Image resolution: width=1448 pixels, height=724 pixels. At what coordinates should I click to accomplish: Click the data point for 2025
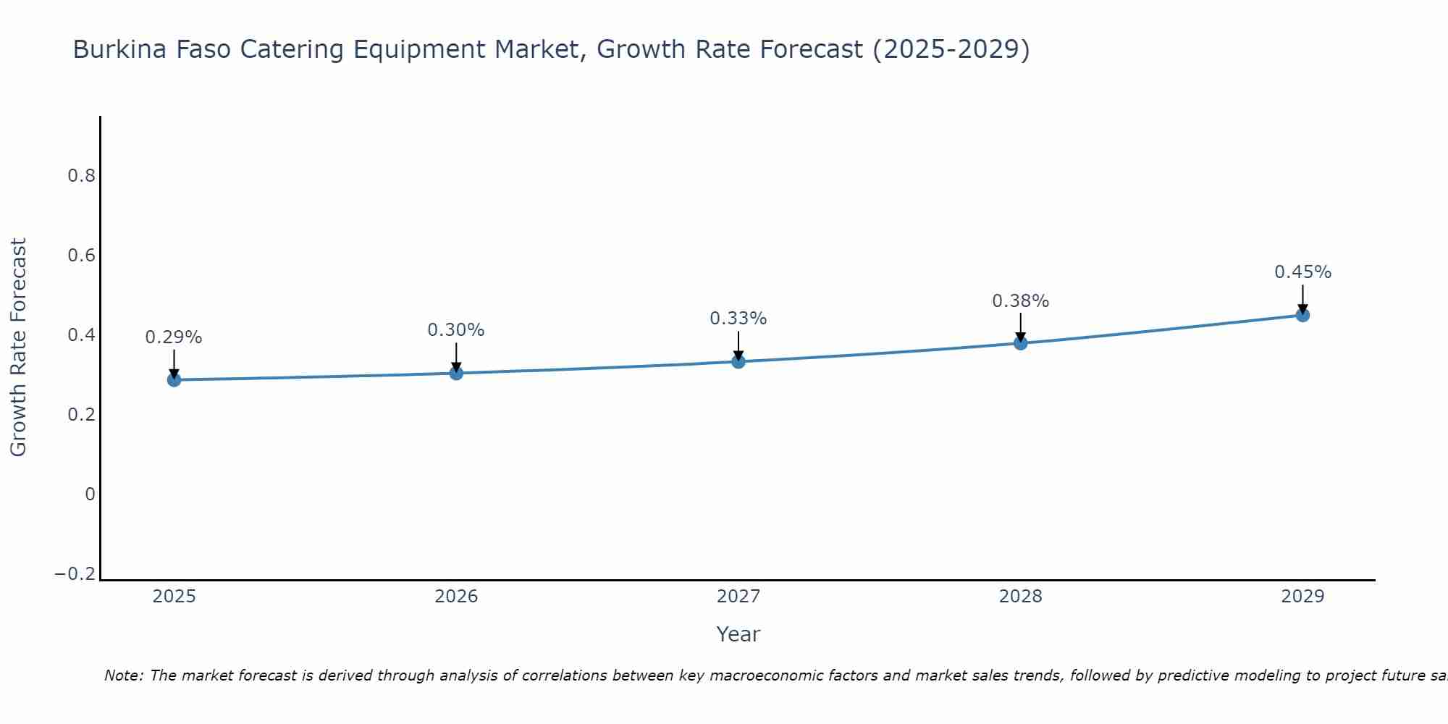point(174,379)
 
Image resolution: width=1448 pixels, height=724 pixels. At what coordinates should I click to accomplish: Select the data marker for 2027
point(738,361)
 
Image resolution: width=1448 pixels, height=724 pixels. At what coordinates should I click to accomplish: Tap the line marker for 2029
point(1302,315)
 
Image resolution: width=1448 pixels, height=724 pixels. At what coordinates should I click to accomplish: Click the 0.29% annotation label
point(174,337)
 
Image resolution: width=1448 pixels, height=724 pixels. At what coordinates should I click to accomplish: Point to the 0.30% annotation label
point(456,330)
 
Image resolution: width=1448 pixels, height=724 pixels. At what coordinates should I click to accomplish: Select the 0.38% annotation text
point(1020,301)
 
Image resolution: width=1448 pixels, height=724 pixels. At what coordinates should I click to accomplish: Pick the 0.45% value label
point(1302,272)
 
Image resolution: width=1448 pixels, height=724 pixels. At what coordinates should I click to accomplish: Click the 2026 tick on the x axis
point(456,597)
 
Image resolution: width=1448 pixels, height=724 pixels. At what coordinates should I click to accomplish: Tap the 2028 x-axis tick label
point(1020,597)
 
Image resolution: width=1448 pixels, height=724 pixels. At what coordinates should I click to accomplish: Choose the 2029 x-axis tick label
point(1302,597)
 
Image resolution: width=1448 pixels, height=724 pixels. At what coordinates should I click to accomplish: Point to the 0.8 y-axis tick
point(81,176)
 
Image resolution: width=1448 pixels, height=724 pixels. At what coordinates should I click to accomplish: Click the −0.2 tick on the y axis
point(75,574)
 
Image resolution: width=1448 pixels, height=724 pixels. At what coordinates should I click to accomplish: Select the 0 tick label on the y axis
point(90,494)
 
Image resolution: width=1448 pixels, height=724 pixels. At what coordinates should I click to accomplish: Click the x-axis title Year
point(738,634)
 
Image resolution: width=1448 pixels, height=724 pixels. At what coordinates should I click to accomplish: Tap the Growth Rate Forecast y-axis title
point(18,348)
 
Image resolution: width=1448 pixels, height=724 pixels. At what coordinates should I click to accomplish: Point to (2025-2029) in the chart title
point(951,50)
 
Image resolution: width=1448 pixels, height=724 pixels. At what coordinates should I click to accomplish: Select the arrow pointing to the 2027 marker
point(738,347)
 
